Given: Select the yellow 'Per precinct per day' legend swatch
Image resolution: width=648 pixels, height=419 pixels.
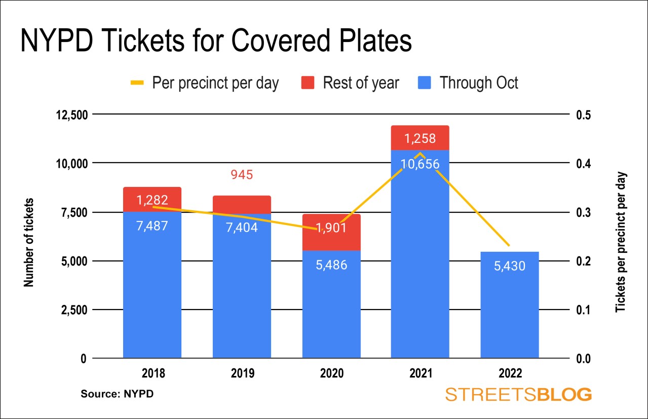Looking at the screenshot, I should tap(138, 83).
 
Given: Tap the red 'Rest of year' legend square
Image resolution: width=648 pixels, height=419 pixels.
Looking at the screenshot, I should tap(308, 83).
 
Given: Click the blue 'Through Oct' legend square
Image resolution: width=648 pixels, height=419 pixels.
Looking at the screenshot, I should tap(426, 83).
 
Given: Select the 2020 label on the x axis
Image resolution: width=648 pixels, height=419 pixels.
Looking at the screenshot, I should tap(331, 373).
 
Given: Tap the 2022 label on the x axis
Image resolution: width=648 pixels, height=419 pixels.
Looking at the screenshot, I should tap(510, 373).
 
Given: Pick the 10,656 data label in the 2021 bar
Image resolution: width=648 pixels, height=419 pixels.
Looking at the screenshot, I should tap(420, 164).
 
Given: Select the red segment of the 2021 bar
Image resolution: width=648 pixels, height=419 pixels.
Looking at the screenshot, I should tap(420, 137).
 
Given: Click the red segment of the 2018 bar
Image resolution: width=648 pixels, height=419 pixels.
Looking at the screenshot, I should tap(152, 199).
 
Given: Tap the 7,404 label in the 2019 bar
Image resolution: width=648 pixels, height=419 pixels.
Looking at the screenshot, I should tap(242, 227).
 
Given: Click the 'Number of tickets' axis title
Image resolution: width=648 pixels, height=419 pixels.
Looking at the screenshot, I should tap(29, 242).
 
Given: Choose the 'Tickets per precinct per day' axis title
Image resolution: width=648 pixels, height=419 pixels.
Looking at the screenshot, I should tap(620, 242).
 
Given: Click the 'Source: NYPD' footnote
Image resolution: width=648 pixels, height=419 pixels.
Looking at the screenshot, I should tap(117, 394).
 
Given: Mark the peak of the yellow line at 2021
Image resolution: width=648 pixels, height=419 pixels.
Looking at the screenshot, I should tap(420, 153).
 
